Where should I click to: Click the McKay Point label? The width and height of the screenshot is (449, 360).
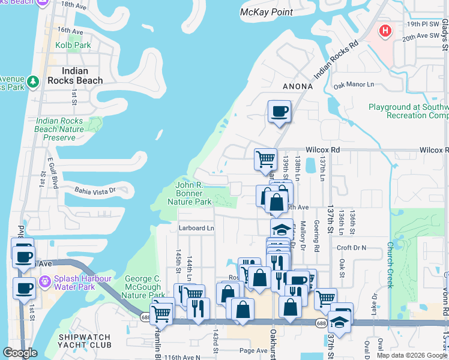pyautogui.click(x=267, y=12)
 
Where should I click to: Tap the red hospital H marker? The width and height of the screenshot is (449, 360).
pyautogui.click(x=385, y=30)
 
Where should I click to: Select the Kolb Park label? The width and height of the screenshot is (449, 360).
pyautogui.click(x=73, y=45)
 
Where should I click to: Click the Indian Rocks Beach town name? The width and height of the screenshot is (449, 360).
pyautogui.click(x=74, y=76)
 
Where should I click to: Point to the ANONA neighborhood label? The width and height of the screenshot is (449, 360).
pyautogui.click(x=298, y=86)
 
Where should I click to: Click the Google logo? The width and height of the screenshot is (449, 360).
pyautogui.click(x=20, y=353)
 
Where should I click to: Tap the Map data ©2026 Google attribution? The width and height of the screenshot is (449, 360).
pyautogui.click(x=412, y=355)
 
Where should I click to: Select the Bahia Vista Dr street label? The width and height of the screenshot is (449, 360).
pyautogui.click(x=94, y=191)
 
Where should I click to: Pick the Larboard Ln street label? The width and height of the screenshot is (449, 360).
pyautogui.click(x=196, y=228)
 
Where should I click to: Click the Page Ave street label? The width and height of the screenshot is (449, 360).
pyautogui.click(x=253, y=350)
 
